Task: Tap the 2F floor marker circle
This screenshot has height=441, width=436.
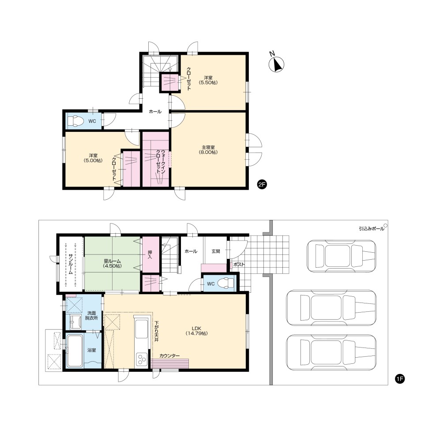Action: (262, 185)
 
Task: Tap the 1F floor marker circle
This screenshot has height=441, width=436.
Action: (400, 379)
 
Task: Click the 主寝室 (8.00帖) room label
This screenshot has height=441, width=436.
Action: (208, 149)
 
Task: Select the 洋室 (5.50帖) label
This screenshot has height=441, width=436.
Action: (208, 80)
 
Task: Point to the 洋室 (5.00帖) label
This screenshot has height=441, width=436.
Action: (93, 158)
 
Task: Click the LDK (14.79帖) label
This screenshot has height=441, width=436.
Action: (196, 331)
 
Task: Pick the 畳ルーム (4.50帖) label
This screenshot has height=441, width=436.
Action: (113, 264)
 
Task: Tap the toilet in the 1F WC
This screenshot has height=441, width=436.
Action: (227, 284)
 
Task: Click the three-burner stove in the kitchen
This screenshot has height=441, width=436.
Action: (141, 359)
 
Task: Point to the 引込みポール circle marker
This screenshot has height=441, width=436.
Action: (385, 225)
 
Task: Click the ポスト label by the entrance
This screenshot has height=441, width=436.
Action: (239, 264)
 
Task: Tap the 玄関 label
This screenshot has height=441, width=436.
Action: (216, 251)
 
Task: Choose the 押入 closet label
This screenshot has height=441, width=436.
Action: (150, 254)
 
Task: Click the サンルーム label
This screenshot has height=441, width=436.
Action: (71, 264)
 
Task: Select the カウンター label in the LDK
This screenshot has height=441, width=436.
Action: (169, 356)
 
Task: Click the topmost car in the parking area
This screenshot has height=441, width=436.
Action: (341, 256)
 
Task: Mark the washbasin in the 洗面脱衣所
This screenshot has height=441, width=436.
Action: (75, 321)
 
